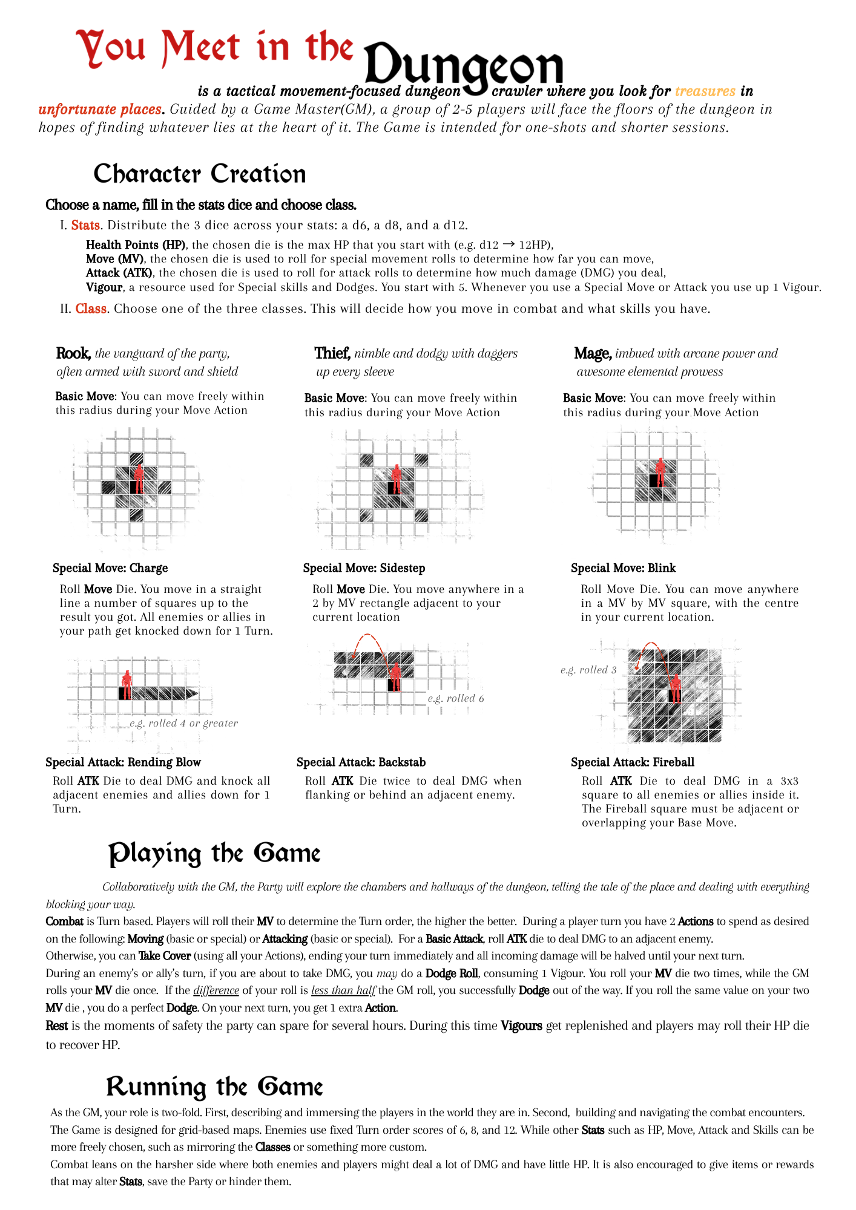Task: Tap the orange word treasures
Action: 705,91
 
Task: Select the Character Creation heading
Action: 199,174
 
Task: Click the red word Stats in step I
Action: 85,225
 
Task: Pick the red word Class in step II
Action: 91,309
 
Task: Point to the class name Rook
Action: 73,353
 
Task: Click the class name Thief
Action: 332,353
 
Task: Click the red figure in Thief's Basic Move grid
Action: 396,479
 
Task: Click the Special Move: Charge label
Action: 110,568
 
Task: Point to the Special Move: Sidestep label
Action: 364,568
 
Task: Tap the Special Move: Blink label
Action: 623,568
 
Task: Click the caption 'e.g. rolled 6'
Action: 456,698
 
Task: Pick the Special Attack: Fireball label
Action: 633,762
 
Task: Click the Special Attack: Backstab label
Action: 361,762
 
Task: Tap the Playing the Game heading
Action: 214,854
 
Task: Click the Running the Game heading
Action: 214,1087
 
